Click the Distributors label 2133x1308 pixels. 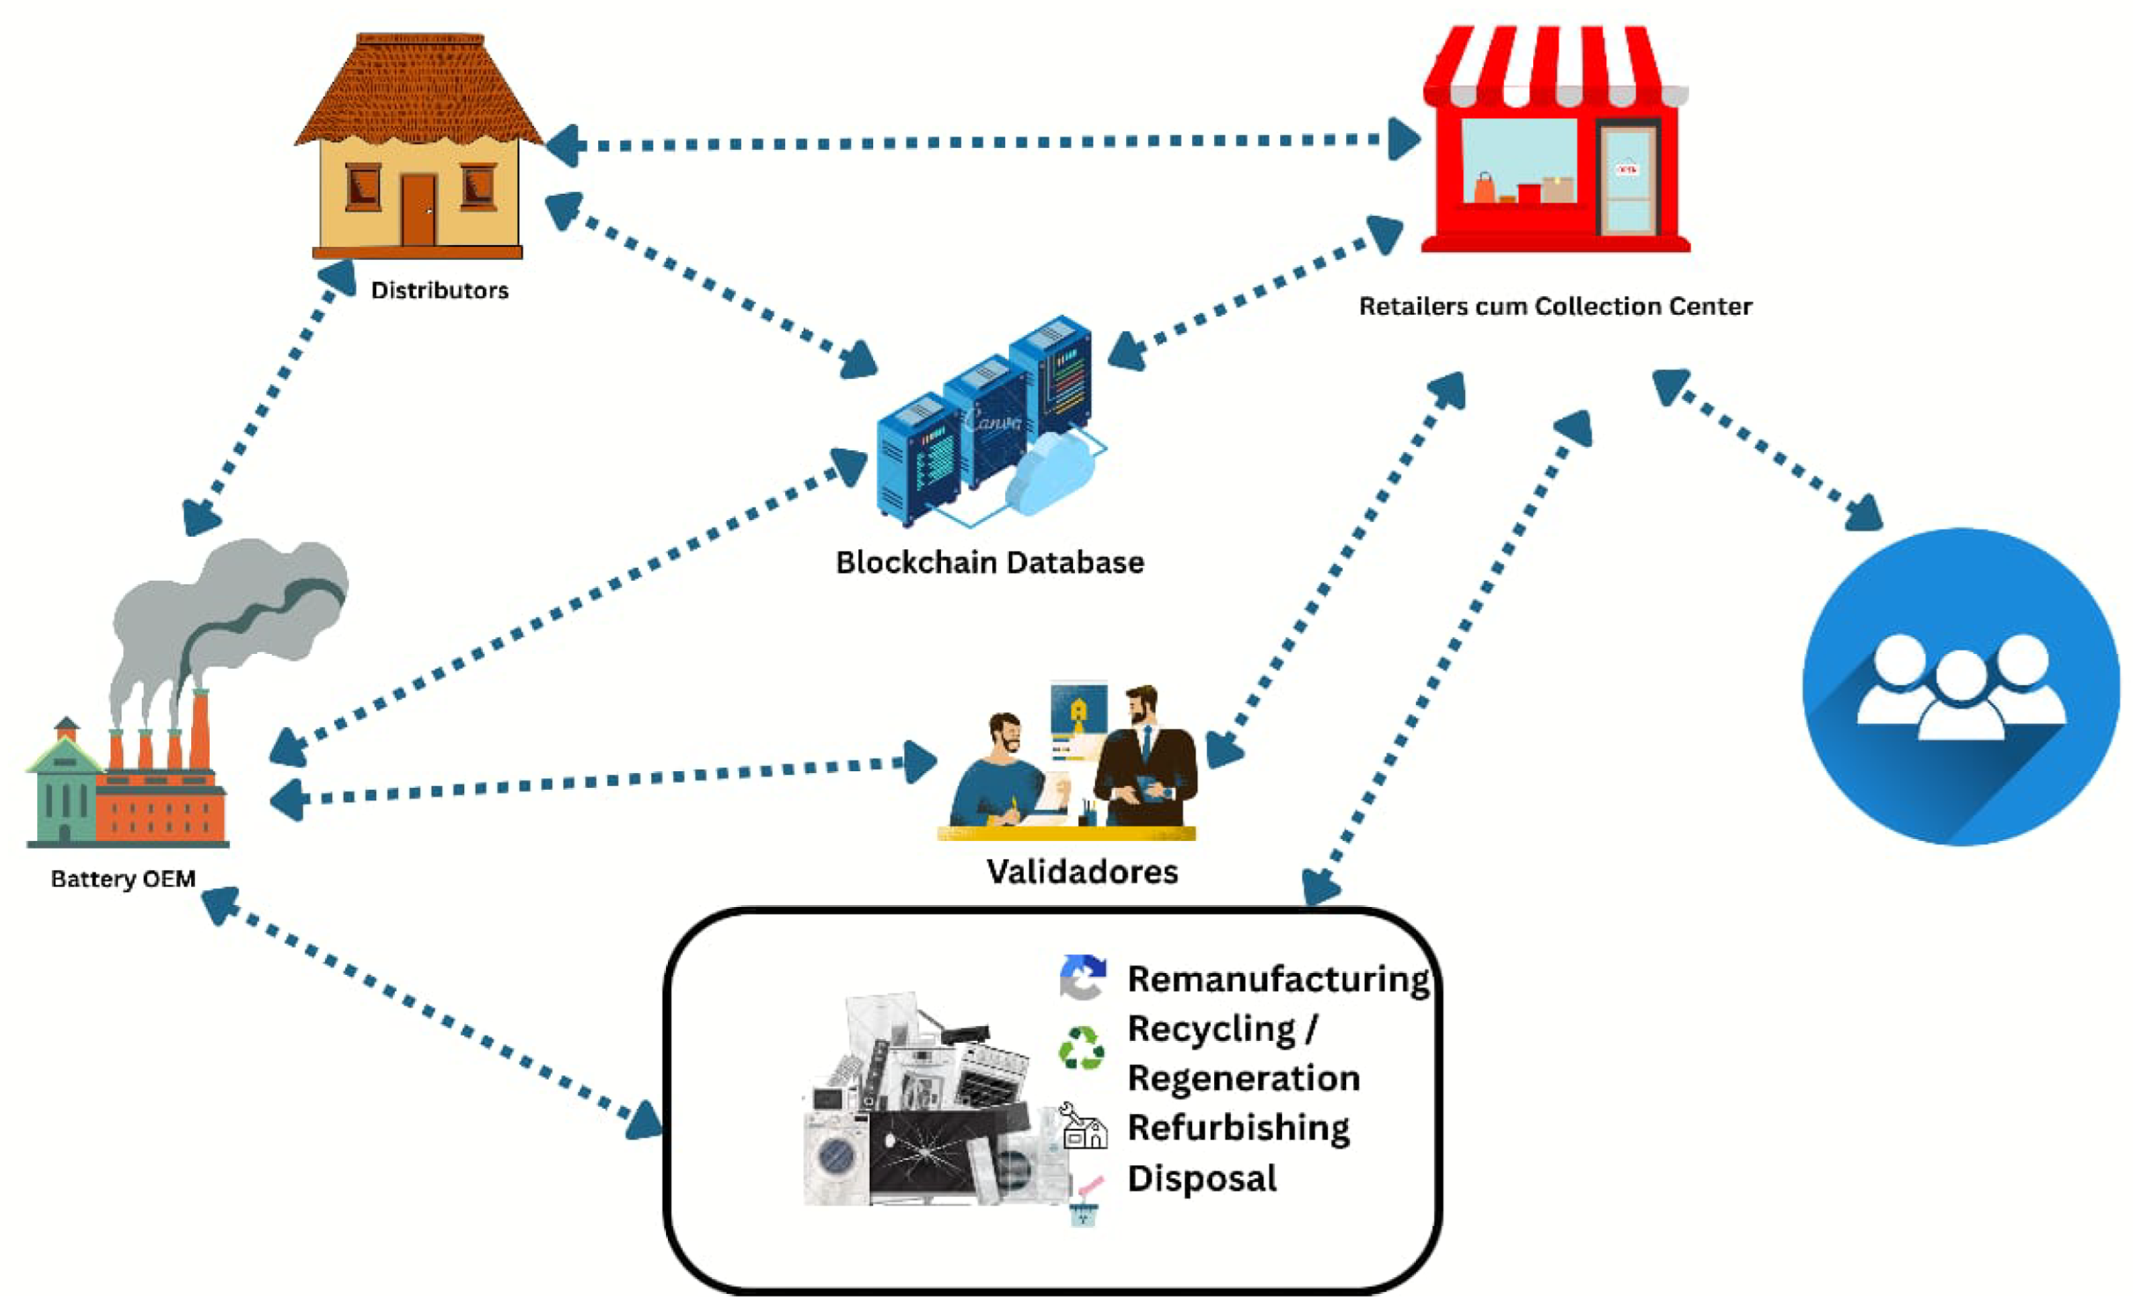[439, 290]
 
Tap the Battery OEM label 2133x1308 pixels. [122, 879]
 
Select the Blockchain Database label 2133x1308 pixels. [989, 562]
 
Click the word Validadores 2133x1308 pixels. [1081, 872]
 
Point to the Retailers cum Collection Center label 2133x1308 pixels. [1554, 306]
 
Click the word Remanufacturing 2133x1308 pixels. [1278, 978]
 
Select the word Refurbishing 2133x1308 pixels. [1238, 1127]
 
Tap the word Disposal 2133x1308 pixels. [1201, 1178]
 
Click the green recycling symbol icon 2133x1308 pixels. [1081, 1048]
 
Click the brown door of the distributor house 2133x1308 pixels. [418, 210]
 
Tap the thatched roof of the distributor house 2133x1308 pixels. [418, 93]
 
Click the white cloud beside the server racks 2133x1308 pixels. [1048, 476]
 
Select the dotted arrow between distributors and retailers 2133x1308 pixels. [982, 142]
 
